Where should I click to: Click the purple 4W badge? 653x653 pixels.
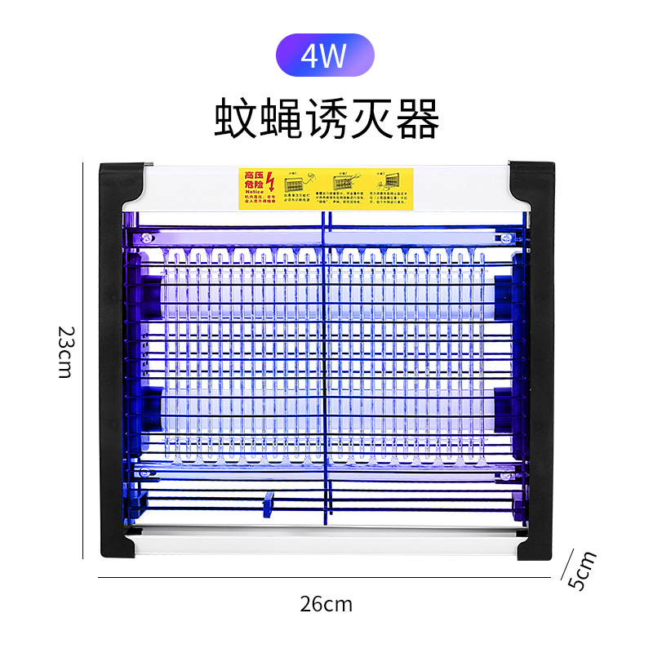pos(325,56)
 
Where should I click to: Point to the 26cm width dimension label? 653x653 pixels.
pos(326,604)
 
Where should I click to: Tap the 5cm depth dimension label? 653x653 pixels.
pos(582,571)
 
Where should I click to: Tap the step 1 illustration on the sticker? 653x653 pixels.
pos(295,181)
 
